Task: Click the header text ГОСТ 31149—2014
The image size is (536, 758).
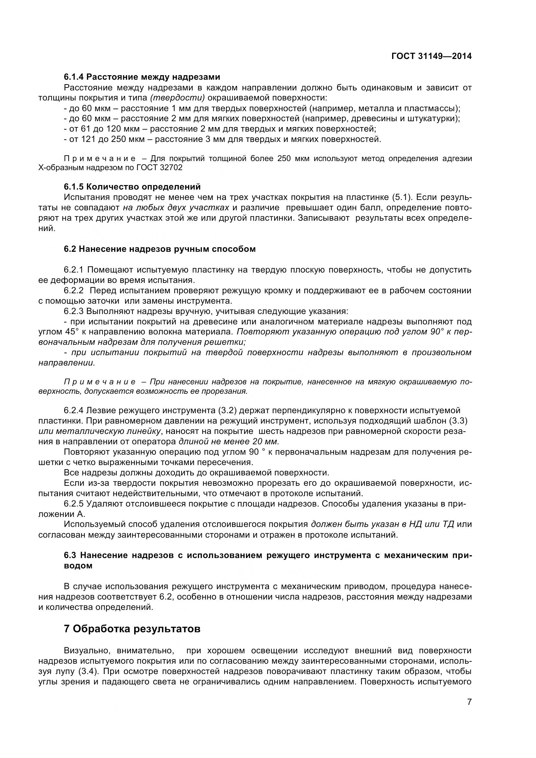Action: coord(431,56)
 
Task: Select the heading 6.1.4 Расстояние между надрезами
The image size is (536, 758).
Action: coord(142,77)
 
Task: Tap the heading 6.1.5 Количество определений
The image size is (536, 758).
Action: coord(132,187)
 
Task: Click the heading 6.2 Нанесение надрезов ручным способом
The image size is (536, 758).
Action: coord(160,249)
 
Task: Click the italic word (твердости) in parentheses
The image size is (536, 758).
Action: coord(177,98)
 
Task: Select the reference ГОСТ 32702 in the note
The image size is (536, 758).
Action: coord(159,168)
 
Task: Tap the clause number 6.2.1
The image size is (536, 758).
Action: coord(74,270)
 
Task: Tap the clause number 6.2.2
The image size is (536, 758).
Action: coord(74,290)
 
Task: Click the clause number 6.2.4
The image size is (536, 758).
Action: coord(74,411)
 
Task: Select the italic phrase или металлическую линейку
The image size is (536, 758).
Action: coord(100,431)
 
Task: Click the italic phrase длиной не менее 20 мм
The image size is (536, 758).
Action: coord(229,442)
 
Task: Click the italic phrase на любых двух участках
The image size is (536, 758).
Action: coord(176,208)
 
